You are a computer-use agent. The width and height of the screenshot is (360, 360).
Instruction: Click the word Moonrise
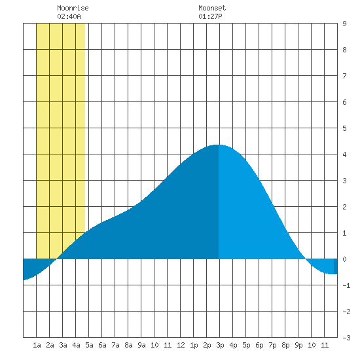[73, 8]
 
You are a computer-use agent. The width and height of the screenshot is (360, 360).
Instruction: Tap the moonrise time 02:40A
[69, 16]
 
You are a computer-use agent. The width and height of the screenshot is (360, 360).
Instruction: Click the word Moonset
[212, 8]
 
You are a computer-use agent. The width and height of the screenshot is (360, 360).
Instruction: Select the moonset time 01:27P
[210, 16]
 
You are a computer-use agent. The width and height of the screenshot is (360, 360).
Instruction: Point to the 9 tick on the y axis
[344, 24]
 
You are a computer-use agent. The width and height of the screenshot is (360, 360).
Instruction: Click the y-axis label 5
[344, 128]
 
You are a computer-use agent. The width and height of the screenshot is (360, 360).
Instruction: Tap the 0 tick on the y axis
[344, 259]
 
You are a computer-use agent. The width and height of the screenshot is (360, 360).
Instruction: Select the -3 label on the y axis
[346, 338]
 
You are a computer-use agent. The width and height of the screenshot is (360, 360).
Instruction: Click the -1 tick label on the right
[346, 285]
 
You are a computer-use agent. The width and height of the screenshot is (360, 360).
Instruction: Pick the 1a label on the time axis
[37, 345]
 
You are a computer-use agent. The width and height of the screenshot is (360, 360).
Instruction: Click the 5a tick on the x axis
[89, 345]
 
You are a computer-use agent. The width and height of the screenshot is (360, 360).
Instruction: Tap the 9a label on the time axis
[141, 345]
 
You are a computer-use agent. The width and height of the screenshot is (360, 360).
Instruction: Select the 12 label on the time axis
[181, 345]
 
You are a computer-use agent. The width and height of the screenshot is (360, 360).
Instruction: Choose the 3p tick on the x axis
[220, 345]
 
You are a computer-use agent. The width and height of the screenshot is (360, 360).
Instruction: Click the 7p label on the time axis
[272, 345]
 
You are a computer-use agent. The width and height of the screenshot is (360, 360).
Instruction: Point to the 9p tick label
[298, 345]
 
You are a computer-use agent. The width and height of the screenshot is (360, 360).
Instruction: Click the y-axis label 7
[344, 76]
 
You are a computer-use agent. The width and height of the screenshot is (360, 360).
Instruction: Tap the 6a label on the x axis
[102, 345]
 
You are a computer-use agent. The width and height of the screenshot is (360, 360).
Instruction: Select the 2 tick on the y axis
[344, 207]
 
